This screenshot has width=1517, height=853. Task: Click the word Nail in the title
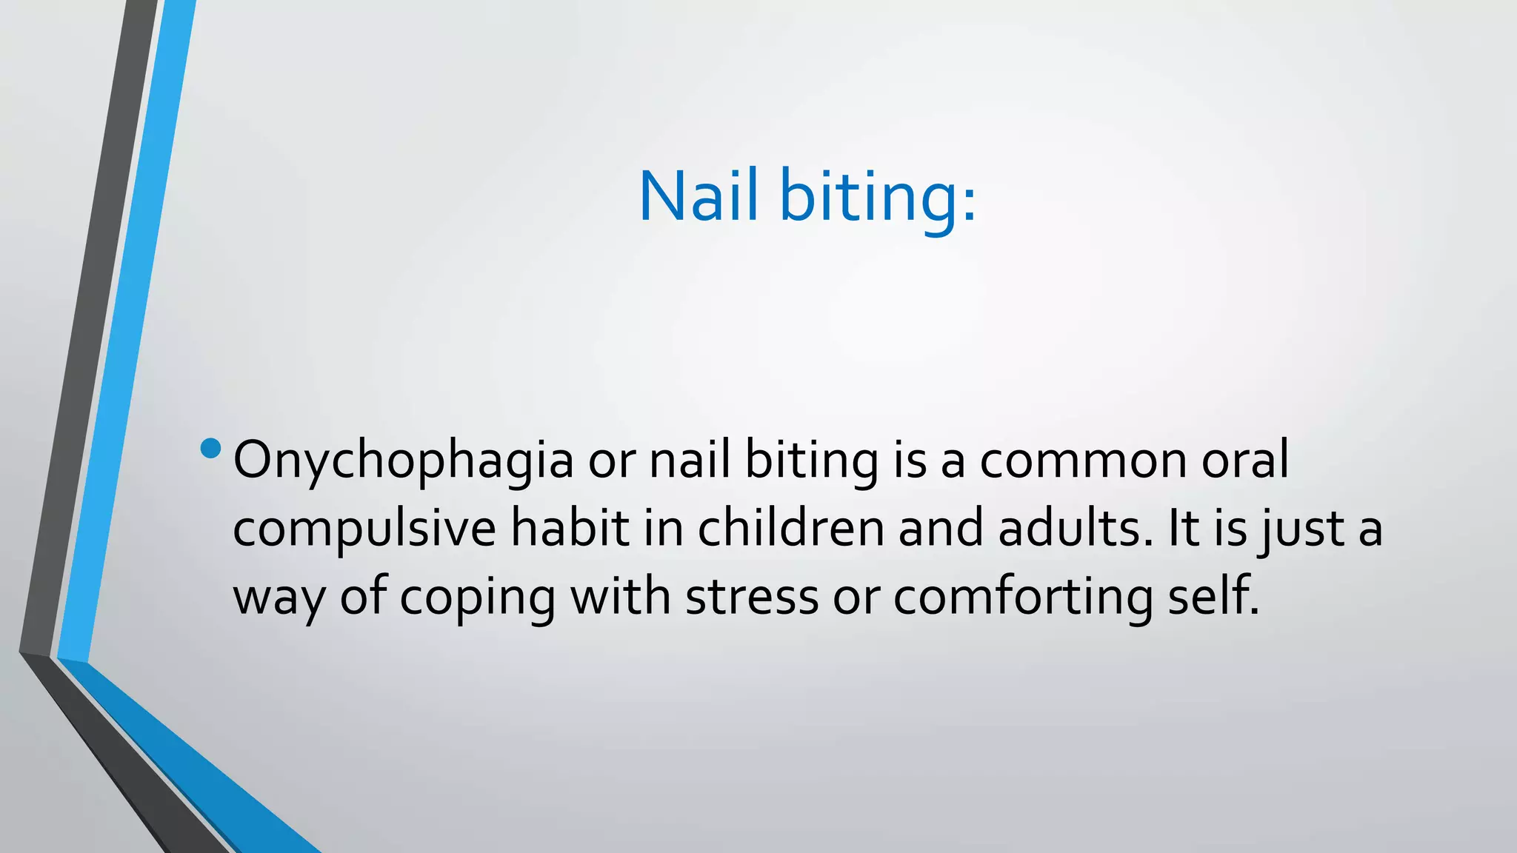pos(699,196)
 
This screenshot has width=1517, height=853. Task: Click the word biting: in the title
pos(878,196)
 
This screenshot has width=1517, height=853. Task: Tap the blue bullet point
pos(210,449)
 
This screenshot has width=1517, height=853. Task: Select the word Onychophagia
pos(403,461)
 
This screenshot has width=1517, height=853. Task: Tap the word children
pos(790,529)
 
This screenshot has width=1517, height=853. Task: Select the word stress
pos(751,597)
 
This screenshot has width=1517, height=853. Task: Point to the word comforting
pos(1023,597)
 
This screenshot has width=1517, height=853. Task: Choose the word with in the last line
pos(621,597)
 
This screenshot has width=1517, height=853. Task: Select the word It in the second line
pos(1182,529)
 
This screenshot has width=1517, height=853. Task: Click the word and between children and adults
pos(941,529)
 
